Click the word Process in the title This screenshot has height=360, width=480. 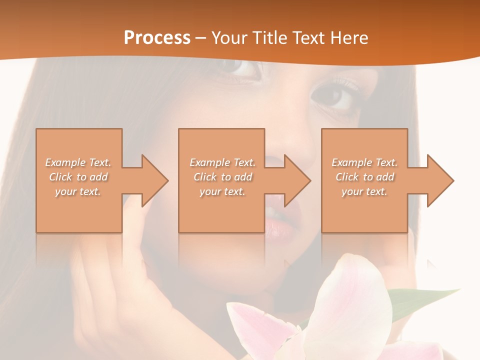point(157,38)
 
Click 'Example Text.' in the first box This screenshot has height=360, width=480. point(78,162)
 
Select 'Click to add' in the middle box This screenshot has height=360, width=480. point(222,177)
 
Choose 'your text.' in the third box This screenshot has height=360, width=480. point(364,191)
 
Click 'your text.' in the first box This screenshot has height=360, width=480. point(77,191)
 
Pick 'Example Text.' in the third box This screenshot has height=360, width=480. point(364,162)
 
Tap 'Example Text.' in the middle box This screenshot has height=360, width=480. point(222,162)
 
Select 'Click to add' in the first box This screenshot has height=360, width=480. point(78,177)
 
